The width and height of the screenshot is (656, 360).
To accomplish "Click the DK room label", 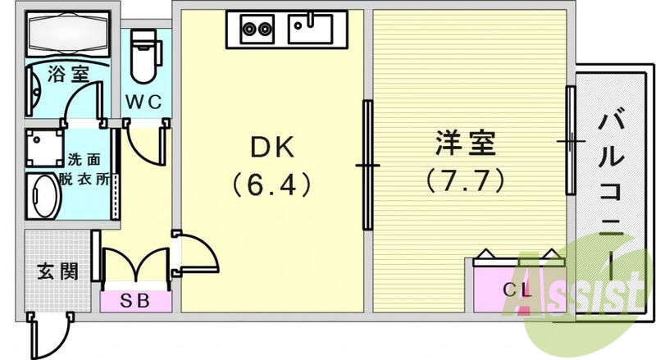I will coord(271,148).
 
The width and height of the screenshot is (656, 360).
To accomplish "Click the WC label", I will coord(148,102).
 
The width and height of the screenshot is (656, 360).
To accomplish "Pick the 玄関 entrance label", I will coord(57,271).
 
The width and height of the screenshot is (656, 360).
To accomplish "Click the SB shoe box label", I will coord(136,300).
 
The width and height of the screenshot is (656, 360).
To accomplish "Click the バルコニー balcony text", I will coord(613,197).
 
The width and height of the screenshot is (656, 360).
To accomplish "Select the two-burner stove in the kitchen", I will coord(257,30).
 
